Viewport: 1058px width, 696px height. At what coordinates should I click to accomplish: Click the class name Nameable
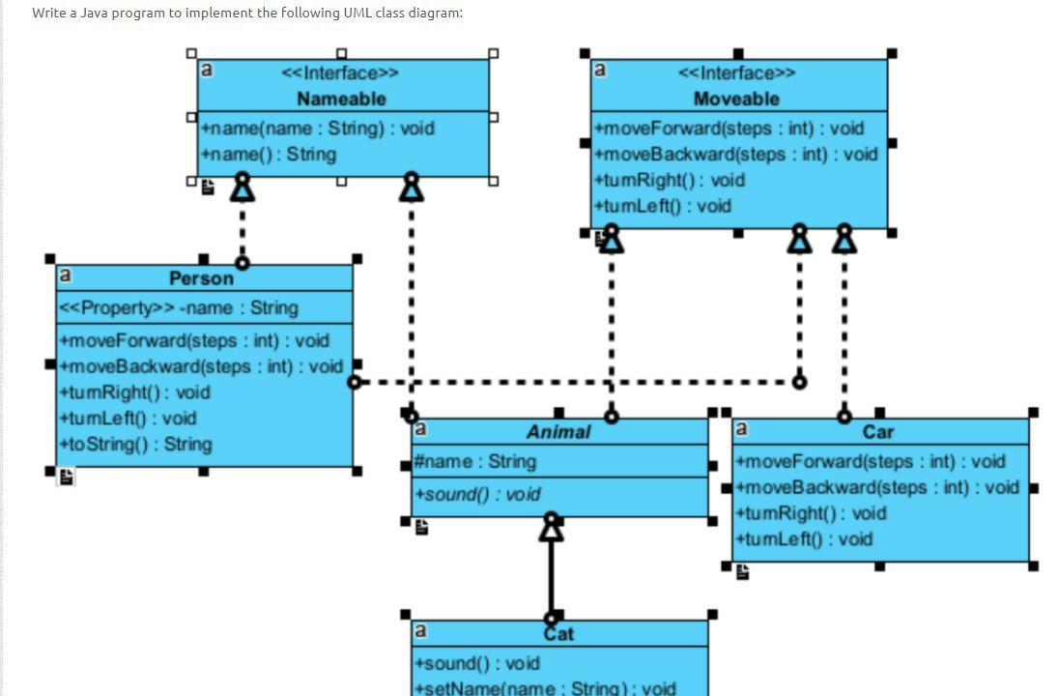click(341, 99)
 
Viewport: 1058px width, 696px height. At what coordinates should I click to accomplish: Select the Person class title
click(201, 278)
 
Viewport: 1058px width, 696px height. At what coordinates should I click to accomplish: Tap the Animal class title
click(558, 432)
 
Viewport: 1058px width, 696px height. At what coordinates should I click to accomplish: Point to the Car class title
click(877, 432)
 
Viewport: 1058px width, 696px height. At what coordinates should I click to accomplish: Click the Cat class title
click(558, 634)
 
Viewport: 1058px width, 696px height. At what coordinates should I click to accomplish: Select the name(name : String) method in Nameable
click(318, 129)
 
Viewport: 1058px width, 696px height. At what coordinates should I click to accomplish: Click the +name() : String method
click(269, 155)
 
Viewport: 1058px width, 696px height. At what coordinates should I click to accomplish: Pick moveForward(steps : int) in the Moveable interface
click(729, 129)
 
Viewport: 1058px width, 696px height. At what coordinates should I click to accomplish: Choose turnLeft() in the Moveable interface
click(664, 206)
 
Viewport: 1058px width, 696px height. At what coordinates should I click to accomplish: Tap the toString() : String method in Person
click(135, 445)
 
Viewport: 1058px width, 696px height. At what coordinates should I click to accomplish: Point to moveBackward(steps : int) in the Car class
click(876, 487)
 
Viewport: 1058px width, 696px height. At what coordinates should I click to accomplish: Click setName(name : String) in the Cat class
click(545, 688)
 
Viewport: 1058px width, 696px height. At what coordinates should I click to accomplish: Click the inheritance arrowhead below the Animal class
click(551, 528)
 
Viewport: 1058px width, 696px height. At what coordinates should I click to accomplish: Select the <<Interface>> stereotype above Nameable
click(340, 73)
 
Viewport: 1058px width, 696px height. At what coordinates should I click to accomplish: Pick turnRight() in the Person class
click(134, 392)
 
